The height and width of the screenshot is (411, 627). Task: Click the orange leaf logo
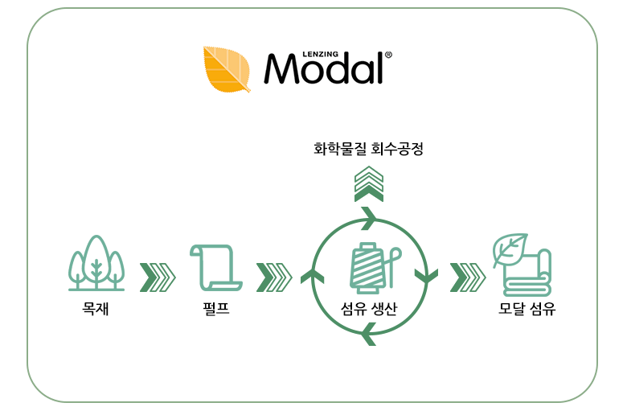point(227,68)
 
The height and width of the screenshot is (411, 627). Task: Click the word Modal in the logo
point(323,69)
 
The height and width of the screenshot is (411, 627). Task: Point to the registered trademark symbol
point(389,55)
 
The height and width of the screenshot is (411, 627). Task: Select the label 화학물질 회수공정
point(368,149)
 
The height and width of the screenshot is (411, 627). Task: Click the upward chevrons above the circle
point(369,183)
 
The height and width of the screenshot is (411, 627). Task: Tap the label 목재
point(95,307)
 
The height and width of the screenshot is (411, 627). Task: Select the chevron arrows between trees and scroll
point(158,277)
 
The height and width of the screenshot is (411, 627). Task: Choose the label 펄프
point(215,307)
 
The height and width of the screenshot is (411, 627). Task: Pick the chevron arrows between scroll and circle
point(273,277)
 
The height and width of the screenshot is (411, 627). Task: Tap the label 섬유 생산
point(369,308)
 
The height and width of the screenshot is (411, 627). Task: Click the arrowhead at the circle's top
point(369,218)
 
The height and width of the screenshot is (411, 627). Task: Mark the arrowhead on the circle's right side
point(425,276)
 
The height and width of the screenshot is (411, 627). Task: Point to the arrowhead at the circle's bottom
point(369,331)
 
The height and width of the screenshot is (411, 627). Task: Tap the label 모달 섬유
point(527,307)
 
